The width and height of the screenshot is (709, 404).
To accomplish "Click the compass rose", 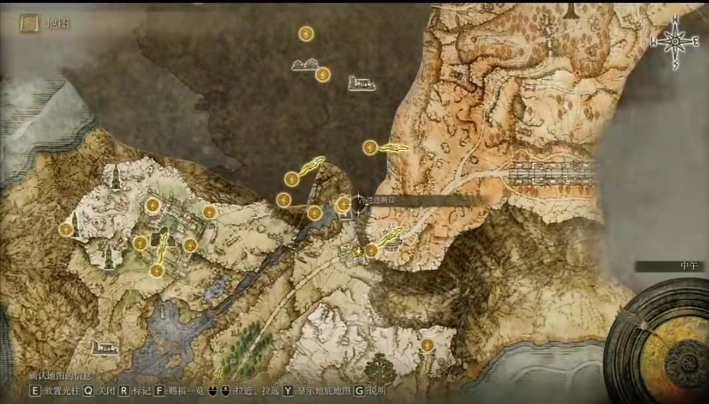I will (x=675, y=42).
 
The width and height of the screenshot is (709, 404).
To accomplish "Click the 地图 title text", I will (x=58, y=23).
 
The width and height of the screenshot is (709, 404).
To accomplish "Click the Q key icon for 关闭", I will (x=88, y=391).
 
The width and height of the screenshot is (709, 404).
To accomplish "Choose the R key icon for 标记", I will (x=124, y=391).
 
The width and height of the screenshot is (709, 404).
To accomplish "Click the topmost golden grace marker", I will (x=305, y=34).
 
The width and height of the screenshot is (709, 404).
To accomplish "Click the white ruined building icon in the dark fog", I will (x=361, y=83).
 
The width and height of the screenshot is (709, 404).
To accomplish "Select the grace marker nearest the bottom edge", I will (x=428, y=345).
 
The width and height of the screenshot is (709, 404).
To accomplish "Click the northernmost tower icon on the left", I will (x=116, y=176).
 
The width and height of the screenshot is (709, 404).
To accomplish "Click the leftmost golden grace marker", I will (x=66, y=229).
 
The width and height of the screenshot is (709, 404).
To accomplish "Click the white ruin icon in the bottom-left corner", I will (x=106, y=346).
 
